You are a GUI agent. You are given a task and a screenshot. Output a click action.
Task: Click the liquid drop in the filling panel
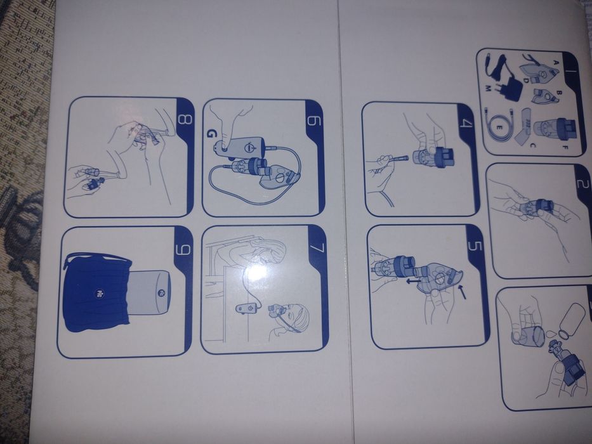click(551, 332)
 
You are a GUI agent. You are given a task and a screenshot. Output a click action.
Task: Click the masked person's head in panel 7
click(299, 317)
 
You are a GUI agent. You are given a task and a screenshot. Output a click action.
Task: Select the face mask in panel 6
click(279, 178)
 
